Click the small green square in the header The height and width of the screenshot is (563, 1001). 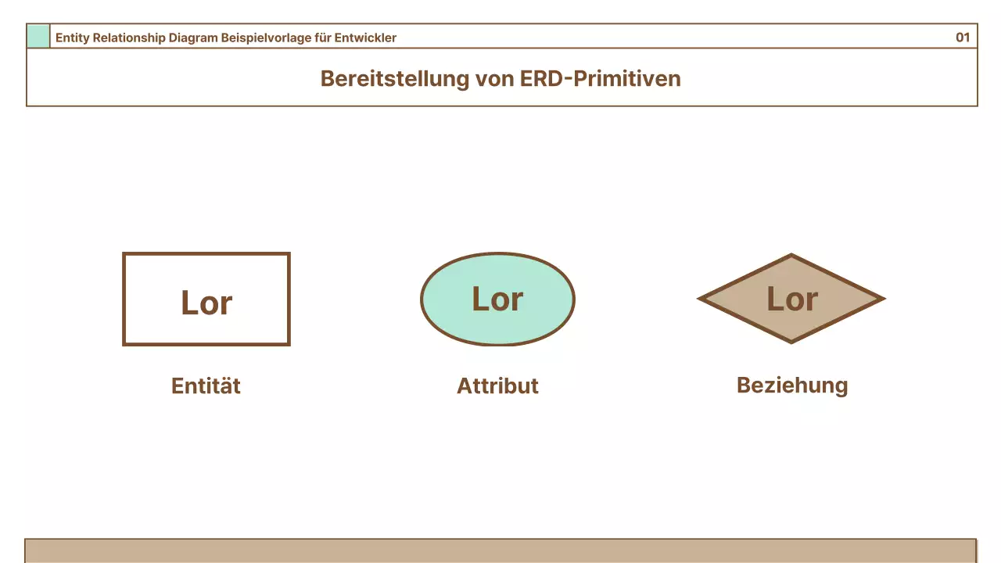(38, 37)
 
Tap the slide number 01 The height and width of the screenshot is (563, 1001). (963, 38)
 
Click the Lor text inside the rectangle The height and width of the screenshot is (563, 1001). (206, 303)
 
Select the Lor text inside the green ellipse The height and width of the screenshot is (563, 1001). (497, 299)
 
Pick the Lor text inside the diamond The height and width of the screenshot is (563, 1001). (791, 299)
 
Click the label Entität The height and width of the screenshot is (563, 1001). (206, 385)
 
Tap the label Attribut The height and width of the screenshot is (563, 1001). (497, 385)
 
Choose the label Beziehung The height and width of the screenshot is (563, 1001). (791, 385)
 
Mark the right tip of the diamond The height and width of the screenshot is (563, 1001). (883, 299)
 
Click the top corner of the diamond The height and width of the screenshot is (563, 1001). (791, 256)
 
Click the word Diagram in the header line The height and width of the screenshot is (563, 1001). (193, 38)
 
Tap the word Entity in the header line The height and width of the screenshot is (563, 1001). (72, 38)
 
